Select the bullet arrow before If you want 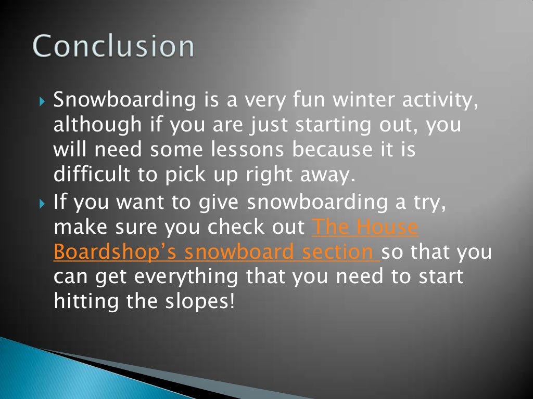[x=43, y=203]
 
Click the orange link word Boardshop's [x=116, y=252]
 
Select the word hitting [x=88, y=302]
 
